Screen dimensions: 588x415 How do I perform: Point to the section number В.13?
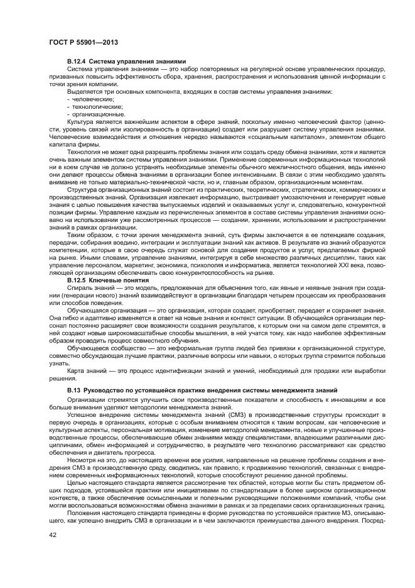pos(74,391)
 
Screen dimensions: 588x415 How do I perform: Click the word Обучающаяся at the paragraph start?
pos(87,310)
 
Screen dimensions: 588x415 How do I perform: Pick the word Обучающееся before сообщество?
pos(87,348)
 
